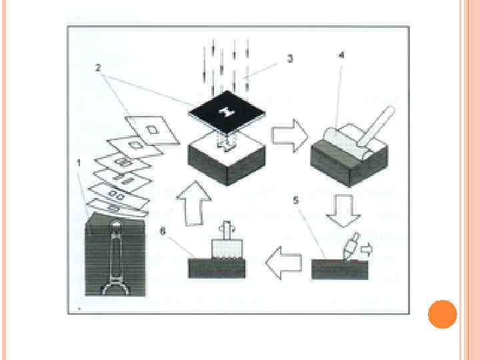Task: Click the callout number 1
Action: (x=79, y=162)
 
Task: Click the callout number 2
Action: (x=98, y=67)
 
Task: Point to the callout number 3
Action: (x=289, y=59)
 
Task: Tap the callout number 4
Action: (x=341, y=56)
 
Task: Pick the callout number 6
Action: (x=163, y=231)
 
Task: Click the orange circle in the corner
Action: (x=442, y=314)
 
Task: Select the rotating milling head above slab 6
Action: (x=225, y=246)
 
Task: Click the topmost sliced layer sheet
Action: (x=153, y=130)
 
